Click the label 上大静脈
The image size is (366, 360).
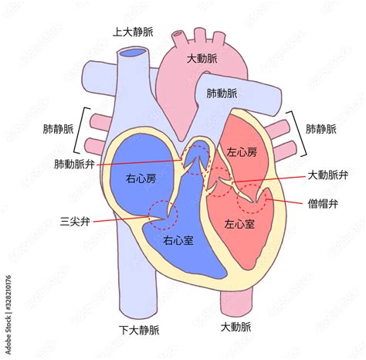[x=133, y=32]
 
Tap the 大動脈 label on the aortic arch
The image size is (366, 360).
[x=202, y=59]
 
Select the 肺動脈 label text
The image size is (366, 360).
[x=222, y=93]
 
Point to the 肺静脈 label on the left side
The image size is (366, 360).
[x=58, y=129]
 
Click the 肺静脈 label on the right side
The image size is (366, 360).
[x=321, y=129]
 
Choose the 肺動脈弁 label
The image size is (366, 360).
[x=74, y=164]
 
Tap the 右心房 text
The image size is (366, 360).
[x=141, y=178]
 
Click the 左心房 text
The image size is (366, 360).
[x=242, y=152]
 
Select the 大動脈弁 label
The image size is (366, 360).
[x=328, y=175]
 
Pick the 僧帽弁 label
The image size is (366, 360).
[x=323, y=204]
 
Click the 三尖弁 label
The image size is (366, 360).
[x=75, y=222]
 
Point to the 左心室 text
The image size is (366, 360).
[x=239, y=224]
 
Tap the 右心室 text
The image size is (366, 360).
[x=178, y=240]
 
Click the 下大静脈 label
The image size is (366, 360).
[x=139, y=330]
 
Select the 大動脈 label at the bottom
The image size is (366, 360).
[x=236, y=328]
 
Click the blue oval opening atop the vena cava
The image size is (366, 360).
[x=134, y=53]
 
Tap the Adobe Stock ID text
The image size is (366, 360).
[x=8, y=315]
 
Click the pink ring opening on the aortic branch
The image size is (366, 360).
[x=178, y=34]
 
